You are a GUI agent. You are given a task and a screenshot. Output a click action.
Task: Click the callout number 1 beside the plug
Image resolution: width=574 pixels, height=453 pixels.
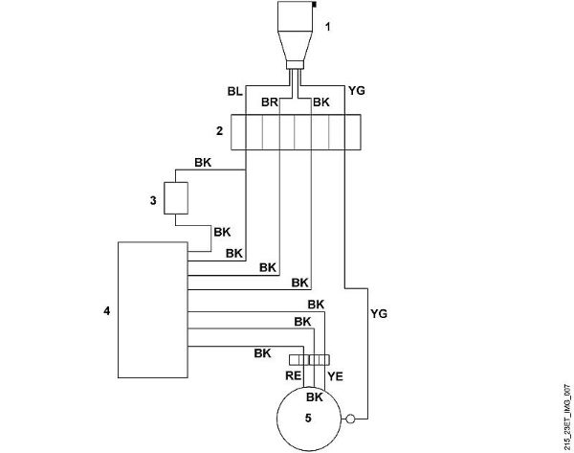[327, 27]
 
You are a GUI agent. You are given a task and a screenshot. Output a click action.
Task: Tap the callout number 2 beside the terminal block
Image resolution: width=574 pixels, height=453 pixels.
[219, 131]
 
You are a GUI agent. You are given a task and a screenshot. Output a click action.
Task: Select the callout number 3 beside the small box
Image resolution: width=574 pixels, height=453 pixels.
[153, 200]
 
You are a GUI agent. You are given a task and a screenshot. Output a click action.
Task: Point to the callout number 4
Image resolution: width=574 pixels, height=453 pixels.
[106, 311]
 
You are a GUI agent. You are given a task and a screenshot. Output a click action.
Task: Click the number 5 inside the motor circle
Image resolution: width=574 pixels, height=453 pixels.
[308, 418]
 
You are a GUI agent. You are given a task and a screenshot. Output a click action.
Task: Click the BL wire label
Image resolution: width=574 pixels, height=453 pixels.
[235, 91]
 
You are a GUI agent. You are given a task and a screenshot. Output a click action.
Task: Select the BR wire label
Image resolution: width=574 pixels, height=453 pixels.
[270, 102]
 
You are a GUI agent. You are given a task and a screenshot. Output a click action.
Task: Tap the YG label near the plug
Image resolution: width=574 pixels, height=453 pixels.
[357, 91]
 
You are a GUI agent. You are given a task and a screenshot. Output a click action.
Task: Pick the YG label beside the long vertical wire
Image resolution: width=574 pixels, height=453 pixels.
[379, 314]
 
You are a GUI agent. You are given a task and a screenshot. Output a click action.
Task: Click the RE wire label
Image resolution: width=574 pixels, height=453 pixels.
[294, 375]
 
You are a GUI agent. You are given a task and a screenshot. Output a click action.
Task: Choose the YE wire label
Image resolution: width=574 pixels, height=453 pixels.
[335, 376]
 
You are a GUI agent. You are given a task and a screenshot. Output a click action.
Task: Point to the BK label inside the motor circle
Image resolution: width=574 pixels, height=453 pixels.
[315, 396]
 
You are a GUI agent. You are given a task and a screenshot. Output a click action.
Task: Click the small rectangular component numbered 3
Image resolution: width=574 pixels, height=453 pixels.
[176, 198]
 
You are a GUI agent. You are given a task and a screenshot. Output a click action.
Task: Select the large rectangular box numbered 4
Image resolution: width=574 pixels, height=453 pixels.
[153, 309]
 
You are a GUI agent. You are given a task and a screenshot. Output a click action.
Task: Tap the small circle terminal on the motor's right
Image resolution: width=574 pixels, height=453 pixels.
[350, 419]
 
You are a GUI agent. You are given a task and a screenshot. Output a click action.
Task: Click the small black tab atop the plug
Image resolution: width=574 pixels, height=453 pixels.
[314, 4]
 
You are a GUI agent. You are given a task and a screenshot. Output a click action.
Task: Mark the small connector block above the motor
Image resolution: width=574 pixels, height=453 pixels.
[309, 360]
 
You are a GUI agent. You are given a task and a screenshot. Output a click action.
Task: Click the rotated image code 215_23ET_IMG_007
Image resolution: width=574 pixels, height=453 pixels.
[567, 417]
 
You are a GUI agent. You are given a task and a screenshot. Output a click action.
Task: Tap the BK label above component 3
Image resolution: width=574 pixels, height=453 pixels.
[203, 163]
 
